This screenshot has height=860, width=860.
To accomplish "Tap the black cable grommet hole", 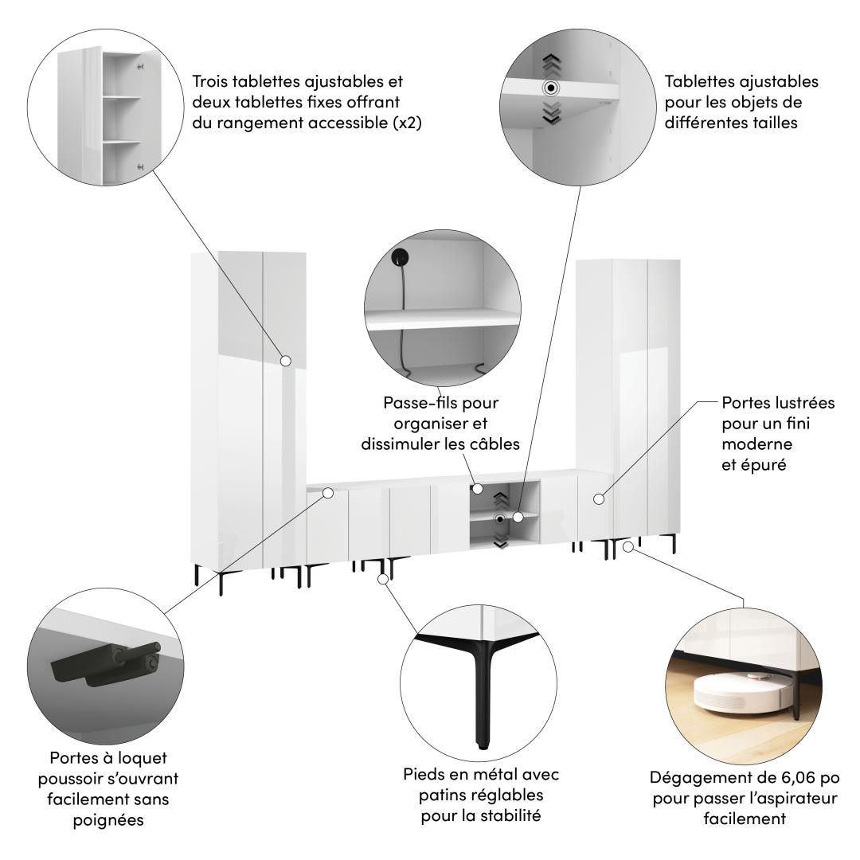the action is tap(400, 257).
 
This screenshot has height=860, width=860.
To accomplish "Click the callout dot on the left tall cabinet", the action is tap(285, 361).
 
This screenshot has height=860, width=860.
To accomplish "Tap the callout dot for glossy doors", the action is tap(599, 499).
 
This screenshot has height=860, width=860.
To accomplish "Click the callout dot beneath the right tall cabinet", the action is tap(628, 547).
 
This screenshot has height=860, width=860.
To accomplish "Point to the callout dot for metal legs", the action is tap(384, 579).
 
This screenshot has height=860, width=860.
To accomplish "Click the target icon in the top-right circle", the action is tap(551, 88).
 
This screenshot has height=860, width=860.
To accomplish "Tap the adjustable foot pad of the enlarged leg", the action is tap(482, 745).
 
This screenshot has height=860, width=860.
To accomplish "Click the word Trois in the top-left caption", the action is tap(209, 81).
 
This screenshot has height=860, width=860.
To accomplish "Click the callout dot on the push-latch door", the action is tap(328, 493).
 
